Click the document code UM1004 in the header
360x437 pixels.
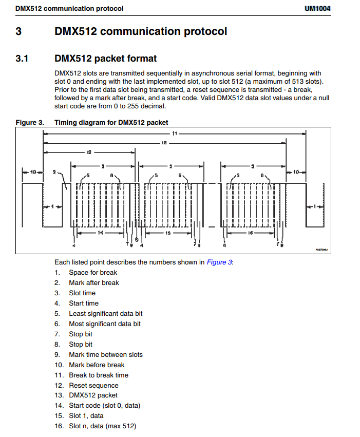pos(317,9)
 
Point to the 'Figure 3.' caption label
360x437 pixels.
pos(30,122)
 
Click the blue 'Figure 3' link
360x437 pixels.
pos(219,262)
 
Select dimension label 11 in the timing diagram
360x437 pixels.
pos(175,134)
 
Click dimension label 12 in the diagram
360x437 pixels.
pos(88,153)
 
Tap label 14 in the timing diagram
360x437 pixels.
pos(101,233)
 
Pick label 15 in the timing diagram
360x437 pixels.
pos(167,233)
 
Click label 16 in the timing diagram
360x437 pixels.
pos(250,233)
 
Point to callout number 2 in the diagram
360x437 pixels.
pos(54,173)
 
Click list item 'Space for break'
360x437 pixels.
pos(93,273)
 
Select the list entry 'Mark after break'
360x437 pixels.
pos(94,283)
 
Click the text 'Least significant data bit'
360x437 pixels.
pos(106,314)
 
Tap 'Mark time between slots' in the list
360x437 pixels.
pos(106,355)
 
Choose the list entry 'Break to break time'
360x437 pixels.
pos(99,375)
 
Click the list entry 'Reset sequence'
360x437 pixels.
pos(93,386)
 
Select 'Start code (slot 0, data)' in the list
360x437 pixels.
pos(105,406)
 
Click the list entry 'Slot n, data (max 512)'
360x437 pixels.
pos(103,426)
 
